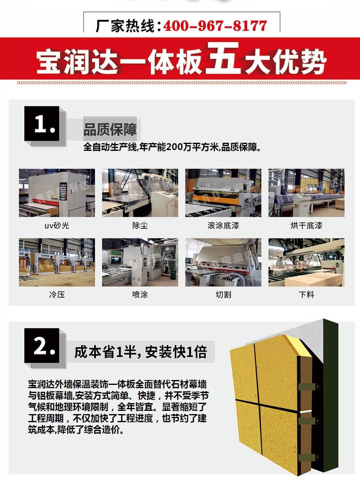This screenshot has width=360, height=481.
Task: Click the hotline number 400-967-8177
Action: pyautogui.click(x=215, y=26)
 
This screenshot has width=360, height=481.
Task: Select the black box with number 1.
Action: pyautogui.click(x=42, y=124)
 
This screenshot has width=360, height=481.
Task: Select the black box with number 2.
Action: pyautogui.click(x=42, y=346)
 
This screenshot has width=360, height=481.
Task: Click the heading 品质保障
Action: pyautogui.click(x=110, y=129)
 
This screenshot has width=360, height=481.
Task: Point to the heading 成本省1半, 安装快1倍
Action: pyautogui.click(x=140, y=352)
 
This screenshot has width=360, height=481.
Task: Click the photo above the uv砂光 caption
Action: pyautogui.click(x=57, y=193)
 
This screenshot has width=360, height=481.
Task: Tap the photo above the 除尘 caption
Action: pyautogui.click(x=140, y=193)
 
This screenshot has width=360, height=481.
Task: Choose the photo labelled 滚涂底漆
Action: pyautogui.click(x=223, y=193)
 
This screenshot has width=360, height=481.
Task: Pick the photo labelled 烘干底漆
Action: pyautogui.click(x=306, y=193)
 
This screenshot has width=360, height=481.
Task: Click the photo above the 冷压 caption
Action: pyautogui.click(x=57, y=262)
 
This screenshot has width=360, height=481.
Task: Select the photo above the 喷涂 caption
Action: pyautogui.click(x=140, y=262)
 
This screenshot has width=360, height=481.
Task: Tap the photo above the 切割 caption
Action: pyautogui.click(x=223, y=262)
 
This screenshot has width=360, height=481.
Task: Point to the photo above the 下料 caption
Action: pyautogui.click(x=306, y=262)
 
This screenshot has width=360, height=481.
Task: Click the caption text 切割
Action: pyautogui.click(x=223, y=294)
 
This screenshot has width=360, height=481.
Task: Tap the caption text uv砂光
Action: pyautogui.click(x=57, y=225)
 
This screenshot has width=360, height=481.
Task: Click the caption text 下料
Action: pyautogui.click(x=306, y=294)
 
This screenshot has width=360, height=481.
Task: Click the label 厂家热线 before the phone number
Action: pyautogui.click(x=125, y=26)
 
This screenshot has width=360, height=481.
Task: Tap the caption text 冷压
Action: pyautogui.click(x=57, y=294)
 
